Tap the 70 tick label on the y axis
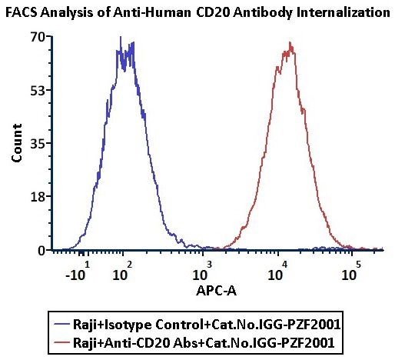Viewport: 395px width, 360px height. coord(35,36)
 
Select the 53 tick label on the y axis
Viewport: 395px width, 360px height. coord(35,90)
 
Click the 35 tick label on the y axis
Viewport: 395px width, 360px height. coord(35,143)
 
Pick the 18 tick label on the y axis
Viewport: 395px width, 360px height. coord(35,197)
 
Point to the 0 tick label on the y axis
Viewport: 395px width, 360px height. coord(38,250)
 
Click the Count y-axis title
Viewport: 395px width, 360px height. coord(16,144)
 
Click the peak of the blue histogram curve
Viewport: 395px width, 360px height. coord(121,37)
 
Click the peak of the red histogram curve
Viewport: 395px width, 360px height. coord(290,42)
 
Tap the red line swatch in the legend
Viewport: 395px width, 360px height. coord(58,338)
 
